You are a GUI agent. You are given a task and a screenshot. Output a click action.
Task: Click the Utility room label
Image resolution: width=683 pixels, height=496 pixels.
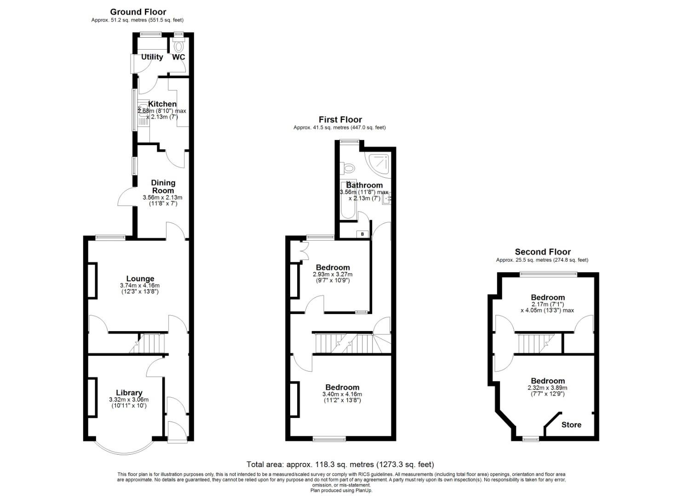(x=152, y=57)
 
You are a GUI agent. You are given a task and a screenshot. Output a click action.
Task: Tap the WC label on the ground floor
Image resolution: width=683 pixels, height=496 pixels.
(x=178, y=57)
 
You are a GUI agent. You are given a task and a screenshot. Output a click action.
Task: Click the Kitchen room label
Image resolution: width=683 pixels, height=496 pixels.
(x=162, y=104)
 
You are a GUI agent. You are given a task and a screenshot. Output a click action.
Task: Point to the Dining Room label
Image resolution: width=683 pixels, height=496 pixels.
(x=163, y=186)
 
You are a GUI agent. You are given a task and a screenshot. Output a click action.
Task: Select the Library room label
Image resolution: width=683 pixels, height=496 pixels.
(x=129, y=393)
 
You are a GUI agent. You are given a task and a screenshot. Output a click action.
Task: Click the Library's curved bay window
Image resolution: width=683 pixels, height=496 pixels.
(x=123, y=449)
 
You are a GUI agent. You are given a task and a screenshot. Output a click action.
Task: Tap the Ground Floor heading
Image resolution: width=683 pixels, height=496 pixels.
(x=138, y=12)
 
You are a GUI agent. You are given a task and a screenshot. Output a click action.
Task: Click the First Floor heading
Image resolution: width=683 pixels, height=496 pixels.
(x=340, y=119)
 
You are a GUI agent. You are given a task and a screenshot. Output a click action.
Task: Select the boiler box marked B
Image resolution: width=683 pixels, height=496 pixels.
(x=362, y=234)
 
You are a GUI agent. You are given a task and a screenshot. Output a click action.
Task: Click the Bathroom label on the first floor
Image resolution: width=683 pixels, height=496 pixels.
(x=364, y=185)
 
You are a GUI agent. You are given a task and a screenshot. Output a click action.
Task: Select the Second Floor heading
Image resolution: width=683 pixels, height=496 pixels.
(x=543, y=252)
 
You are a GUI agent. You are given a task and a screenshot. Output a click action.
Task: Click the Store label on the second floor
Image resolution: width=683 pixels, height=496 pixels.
(x=571, y=425)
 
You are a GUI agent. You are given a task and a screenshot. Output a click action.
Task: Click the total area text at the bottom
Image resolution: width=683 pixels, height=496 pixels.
(x=340, y=464)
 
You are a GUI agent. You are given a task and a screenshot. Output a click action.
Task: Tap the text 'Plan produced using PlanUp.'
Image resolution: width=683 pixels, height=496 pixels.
(x=341, y=490)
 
